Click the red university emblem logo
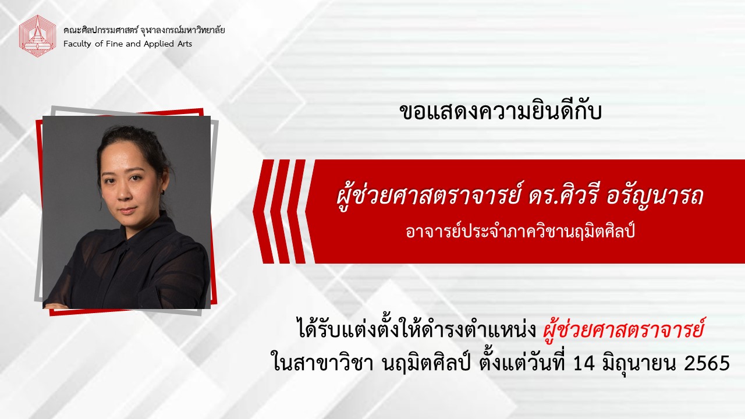coord(37,36)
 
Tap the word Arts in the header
coord(184,44)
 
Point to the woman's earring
coord(164,192)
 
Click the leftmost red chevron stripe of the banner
coord(264,211)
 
